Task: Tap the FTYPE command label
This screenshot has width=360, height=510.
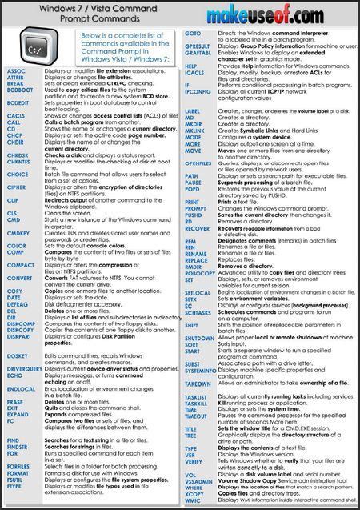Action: [x=15, y=485]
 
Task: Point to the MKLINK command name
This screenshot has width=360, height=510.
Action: [x=197, y=131]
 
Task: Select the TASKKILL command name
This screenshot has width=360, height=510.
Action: [x=198, y=403]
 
